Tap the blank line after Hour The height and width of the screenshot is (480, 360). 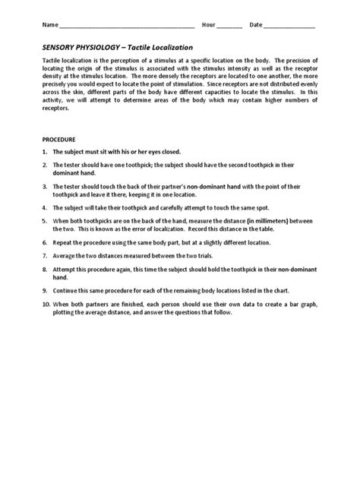coord(229,27)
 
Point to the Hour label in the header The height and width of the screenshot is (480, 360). coord(208,25)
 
